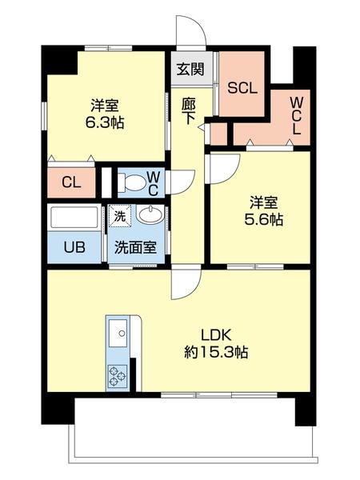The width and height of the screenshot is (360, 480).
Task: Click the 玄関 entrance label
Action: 190,69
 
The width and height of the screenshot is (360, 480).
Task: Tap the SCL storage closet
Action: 242,88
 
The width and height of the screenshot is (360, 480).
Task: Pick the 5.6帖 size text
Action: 263,218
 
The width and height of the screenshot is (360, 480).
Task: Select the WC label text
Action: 155,182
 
